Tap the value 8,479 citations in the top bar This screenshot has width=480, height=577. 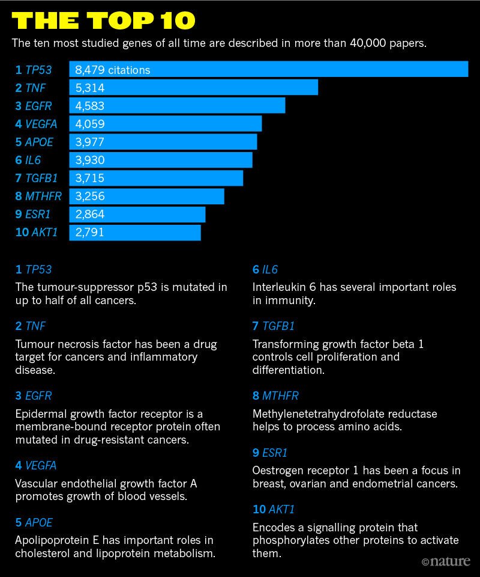pyautogui.click(x=112, y=70)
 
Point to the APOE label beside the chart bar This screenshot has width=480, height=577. pyautogui.click(x=39, y=142)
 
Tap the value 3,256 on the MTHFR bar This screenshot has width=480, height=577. pyautogui.click(x=90, y=196)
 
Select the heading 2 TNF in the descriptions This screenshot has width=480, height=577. pyautogui.click(x=31, y=326)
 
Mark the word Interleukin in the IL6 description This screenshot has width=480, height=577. pyautogui.click(x=278, y=287)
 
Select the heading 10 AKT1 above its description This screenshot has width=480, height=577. pyautogui.click(x=274, y=510)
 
